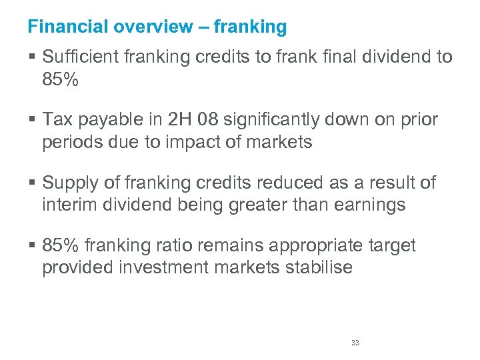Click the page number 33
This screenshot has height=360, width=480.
point(355,343)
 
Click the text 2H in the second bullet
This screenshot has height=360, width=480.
point(179,120)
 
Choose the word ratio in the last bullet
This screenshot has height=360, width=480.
point(187,246)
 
